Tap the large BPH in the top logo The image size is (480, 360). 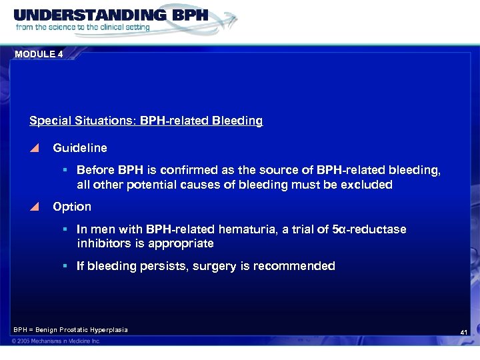tap(182, 15)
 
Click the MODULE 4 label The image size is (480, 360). tap(39, 55)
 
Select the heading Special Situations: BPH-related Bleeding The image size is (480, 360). tap(146, 121)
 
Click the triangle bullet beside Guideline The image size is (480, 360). tap(35, 148)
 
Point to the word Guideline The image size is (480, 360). tap(79, 147)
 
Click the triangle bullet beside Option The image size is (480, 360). tap(35, 207)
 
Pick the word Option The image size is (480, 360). tap(72, 207)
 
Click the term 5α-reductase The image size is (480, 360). tap(369, 229)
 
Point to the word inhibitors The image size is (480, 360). tap(101, 243)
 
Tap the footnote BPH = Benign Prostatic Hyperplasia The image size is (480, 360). tap(70, 329)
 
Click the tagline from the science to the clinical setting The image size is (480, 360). tap(83, 28)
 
